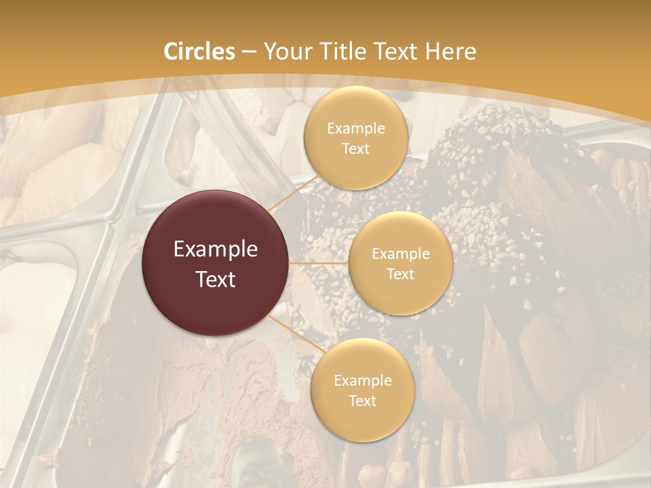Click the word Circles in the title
199,52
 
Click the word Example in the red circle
216,249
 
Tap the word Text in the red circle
216,279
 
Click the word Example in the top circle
355,129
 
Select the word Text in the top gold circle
355,149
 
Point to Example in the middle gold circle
400,254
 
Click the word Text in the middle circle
400,274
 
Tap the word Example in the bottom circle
362,381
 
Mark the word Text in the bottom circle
362,401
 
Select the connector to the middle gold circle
318,263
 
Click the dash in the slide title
248,52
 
